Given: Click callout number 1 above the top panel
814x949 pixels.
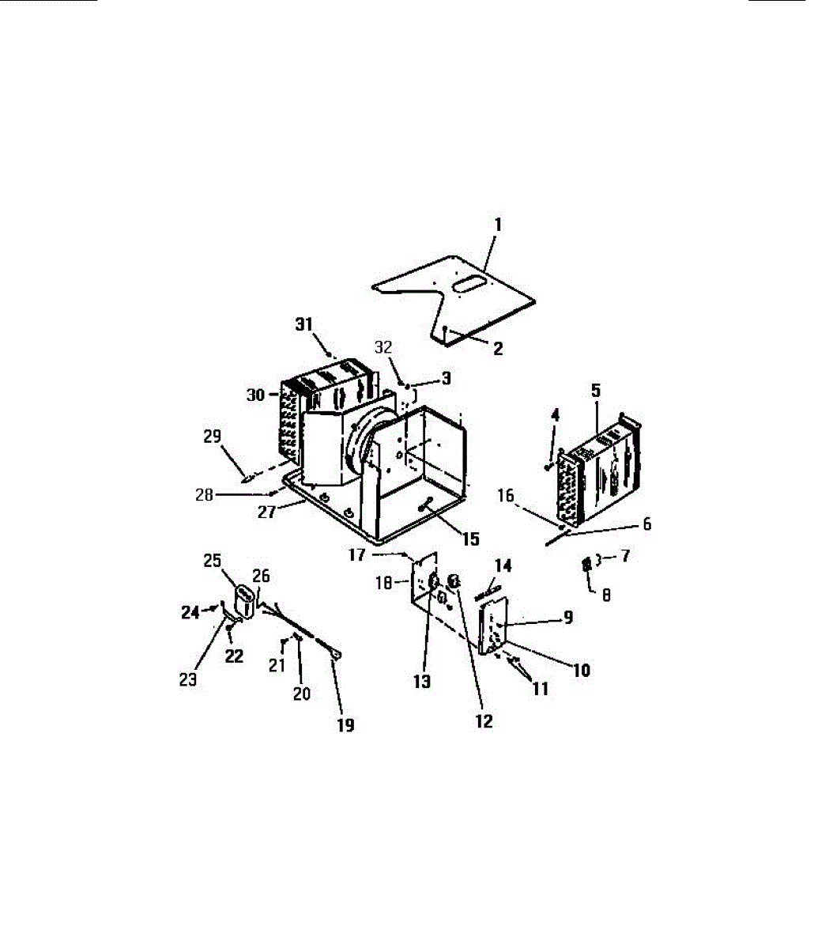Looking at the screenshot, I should click(498, 225).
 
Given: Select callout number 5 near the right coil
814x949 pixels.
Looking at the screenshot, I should click(596, 389).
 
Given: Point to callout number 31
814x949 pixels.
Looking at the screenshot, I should click(305, 324).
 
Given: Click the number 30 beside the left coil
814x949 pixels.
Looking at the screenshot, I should click(257, 395).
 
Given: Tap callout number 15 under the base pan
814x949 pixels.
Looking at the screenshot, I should click(470, 539).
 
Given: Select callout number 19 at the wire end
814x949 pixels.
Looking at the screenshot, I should click(345, 724).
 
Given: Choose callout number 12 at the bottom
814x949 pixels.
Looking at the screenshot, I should click(483, 721).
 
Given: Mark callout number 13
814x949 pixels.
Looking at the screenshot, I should click(422, 682).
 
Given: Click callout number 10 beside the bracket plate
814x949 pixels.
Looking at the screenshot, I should click(581, 670).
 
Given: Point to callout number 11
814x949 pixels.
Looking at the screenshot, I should click(540, 689).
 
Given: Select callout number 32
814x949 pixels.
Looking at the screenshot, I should click(383, 348).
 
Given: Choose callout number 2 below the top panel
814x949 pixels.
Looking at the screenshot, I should click(498, 349).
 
